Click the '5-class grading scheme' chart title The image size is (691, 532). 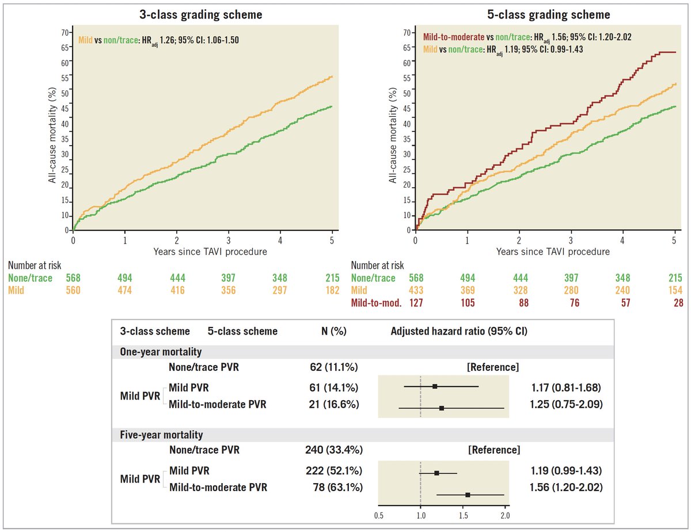click(x=545, y=15)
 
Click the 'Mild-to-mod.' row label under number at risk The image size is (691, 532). click(x=376, y=302)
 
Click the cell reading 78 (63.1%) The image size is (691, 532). click(x=335, y=488)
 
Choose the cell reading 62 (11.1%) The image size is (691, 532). click(x=335, y=367)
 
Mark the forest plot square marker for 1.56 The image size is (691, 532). click(x=468, y=495)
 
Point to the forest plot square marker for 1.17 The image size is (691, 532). click(x=435, y=387)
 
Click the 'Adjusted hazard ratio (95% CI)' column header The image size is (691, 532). click(x=459, y=332)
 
